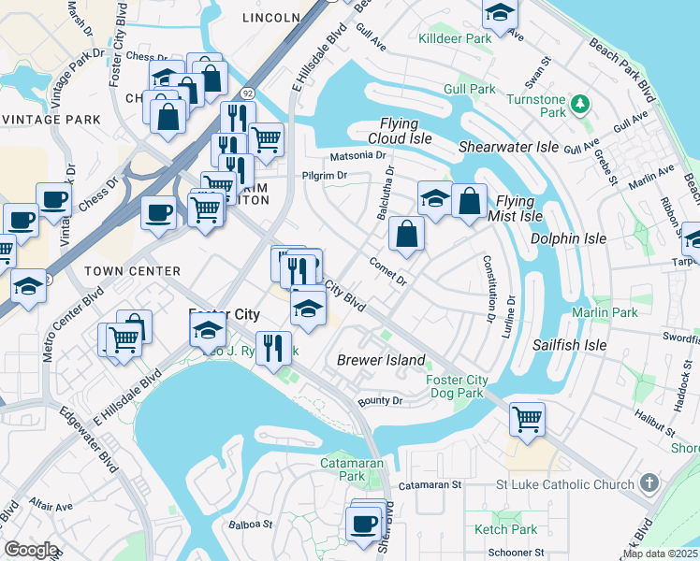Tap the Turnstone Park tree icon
(580, 102)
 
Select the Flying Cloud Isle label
(406, 131)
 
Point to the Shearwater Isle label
(508, 147)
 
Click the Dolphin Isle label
(568, 238)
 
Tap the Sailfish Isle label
(570, 345)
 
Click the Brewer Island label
(381, 360)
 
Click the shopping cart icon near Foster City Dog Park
(527, 418)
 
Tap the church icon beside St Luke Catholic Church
(650, 483)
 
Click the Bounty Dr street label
(379, 401)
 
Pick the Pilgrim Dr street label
(324, 175)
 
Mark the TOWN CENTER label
(132, 271)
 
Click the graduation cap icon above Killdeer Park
(500, 14)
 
